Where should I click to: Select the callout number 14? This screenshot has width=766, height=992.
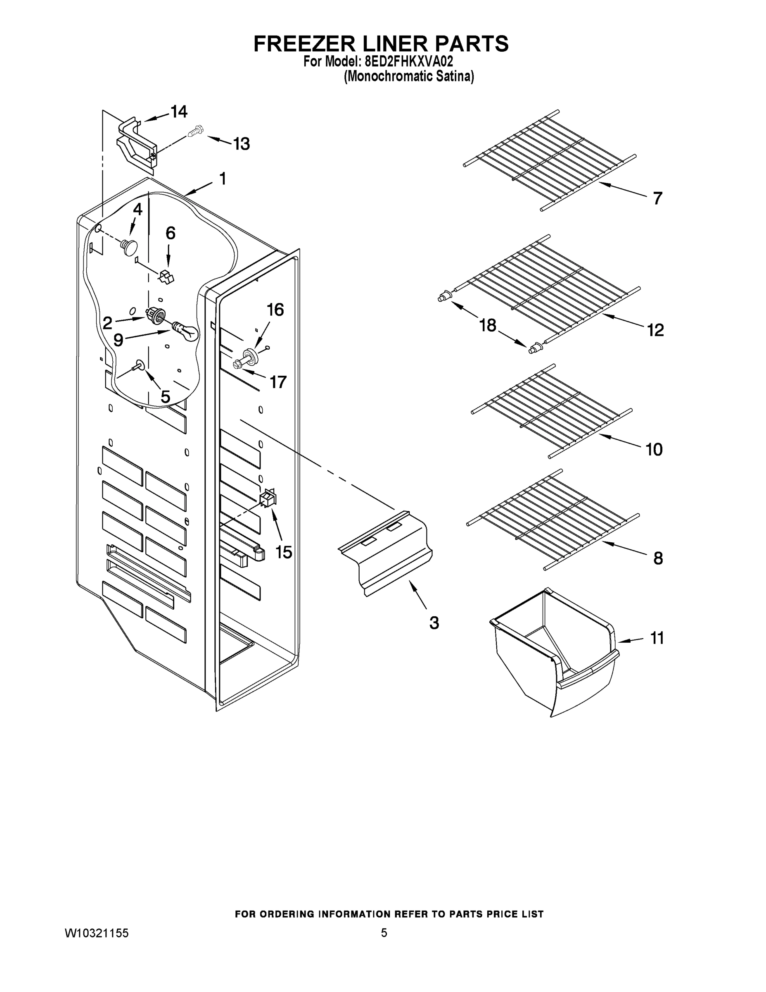pyautogui.click(x=178, y=111)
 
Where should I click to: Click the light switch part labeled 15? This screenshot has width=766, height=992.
pyautogui.click(x=269, y=498)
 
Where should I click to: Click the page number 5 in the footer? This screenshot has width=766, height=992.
pyautogui.click(x=384, y=933)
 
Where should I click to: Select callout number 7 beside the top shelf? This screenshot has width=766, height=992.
pyautogui.click(x=657, y=198)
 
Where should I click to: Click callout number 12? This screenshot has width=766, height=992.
pyautogui.click(x=655, y=330)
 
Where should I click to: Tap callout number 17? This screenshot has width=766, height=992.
pyautogui.click(x=278, y=382)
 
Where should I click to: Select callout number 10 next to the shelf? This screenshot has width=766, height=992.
pyautogui.click(x=654, y=449)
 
